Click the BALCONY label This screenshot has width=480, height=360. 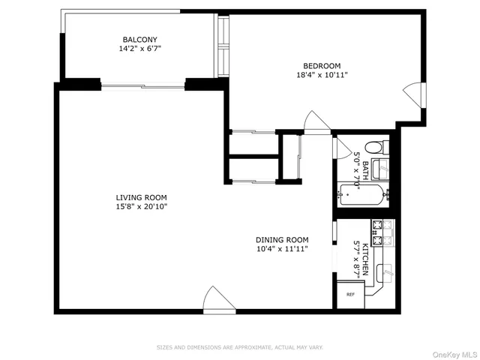140,40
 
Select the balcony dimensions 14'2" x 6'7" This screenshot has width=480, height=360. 140,49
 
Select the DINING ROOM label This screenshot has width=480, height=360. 281,239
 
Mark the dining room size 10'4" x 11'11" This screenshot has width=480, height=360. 281,249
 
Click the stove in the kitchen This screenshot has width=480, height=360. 382,232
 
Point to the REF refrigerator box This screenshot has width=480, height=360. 350,294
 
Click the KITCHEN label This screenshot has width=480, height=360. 365,259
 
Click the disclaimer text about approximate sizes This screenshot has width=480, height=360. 239,347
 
